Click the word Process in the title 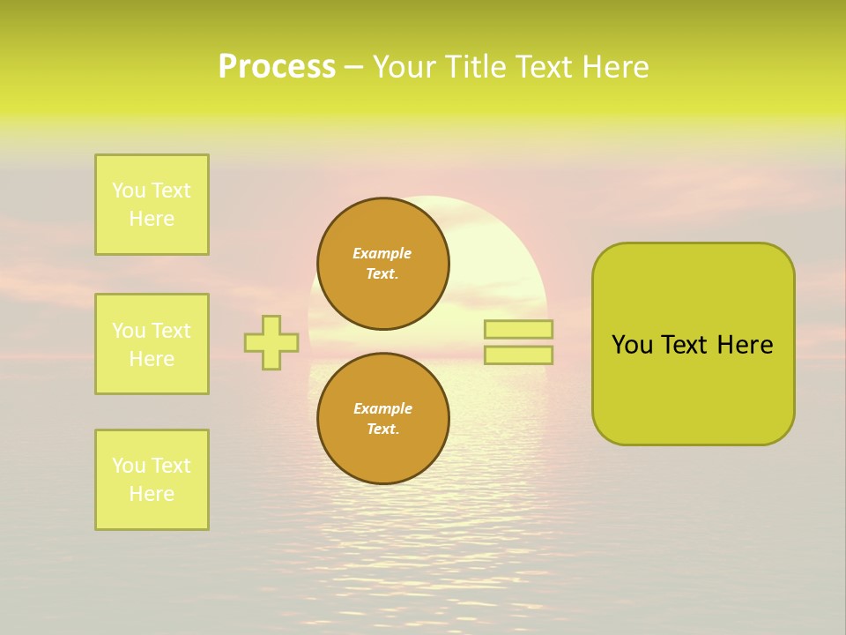(x=277, y=67)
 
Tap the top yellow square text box (x=152, y=205)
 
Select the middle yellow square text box (x=152, y=344)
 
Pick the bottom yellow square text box (x=152, y=480)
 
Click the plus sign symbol (x=271, y=342)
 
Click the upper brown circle (x=383, y=264)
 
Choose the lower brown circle (x=383, y=419)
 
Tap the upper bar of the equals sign (x=518, y=329)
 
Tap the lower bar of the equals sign (x=518, y=355)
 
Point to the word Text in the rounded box (x=686, y=345)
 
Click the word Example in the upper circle (x=382, y=253)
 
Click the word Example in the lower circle (x=382, y=408)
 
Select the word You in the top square (x=129, y=190)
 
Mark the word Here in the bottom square (x=152, y=494)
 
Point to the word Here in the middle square (x=152, y=359)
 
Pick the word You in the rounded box (x=632, y=345)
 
